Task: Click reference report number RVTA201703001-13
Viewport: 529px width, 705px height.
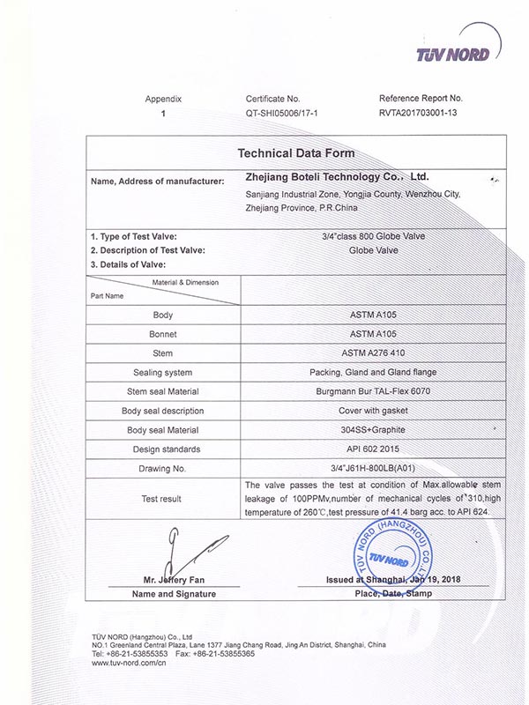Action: click(x=420, y=114)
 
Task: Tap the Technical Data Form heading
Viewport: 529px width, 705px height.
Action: click(x=296, y=153)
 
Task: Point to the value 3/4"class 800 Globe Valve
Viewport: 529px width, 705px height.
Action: click(x=374, y=235)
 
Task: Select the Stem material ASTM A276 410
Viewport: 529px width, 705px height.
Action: click(x=374, y=353)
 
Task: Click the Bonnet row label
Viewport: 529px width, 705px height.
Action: click(x=163, y=334)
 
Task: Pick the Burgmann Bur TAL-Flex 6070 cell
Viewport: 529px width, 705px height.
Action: click(x=374, y=391)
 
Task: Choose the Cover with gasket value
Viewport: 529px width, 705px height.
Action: click(x=374, y=411)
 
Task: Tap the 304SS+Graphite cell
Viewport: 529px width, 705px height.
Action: click(x=374, y=430)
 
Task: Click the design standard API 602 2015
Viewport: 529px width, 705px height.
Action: click(x=374, y=449)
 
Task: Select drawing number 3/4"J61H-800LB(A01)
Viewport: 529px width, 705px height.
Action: click(x=374, y=469)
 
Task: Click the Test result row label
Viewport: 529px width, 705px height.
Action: click(x=162, y=499)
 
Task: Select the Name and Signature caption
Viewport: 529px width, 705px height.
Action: click(x=162, y=594)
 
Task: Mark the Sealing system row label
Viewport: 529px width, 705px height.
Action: click(x=163, y=372)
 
